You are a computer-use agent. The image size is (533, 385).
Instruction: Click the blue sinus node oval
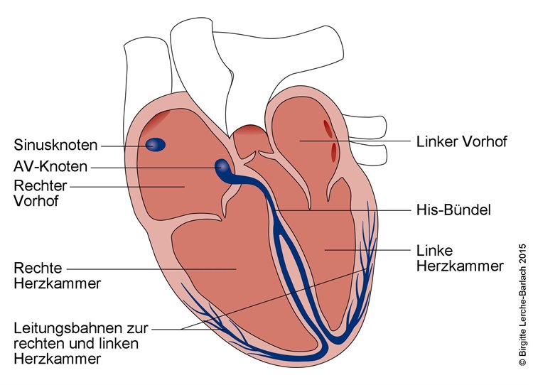coord(155,145)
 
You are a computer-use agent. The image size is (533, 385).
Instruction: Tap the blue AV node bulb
coord(223,168)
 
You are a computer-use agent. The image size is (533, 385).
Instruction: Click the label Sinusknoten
coord(55,146)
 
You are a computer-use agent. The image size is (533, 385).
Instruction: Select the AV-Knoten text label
coord(51,167)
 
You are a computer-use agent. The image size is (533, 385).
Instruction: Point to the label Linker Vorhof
coord(461,141)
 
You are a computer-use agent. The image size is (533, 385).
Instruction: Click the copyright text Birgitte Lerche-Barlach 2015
coord(522,305)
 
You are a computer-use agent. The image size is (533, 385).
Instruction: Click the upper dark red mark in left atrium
coord(327,128)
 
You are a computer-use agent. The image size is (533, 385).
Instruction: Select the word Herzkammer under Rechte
coord(57,283)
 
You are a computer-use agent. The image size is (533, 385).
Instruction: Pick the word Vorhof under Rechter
coord(34,200)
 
